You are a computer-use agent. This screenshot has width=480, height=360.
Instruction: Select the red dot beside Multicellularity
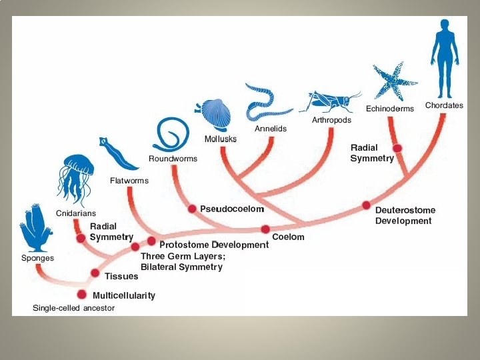(82, 295)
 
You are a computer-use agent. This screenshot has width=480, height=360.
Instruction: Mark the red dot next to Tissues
(95, 273)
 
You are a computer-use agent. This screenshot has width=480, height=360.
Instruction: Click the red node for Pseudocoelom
(192, 209)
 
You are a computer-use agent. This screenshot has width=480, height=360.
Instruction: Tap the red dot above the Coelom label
(265, 229)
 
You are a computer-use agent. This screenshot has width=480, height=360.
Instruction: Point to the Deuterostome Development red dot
(366, 205)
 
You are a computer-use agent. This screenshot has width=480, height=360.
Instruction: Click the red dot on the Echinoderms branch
(397, 148)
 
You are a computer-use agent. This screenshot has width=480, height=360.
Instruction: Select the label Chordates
(444, 106)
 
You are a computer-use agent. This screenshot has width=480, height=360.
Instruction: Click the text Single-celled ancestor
(74, 308)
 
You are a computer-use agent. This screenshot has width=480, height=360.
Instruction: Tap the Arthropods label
(331, 120)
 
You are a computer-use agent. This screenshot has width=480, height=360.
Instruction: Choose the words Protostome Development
(213, 245)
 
